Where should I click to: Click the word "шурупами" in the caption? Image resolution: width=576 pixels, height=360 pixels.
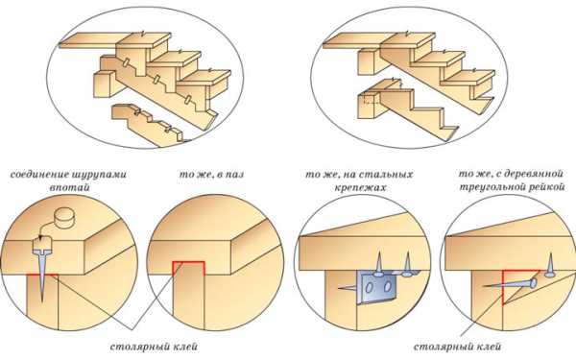pyautogui.click(x=98, y=174)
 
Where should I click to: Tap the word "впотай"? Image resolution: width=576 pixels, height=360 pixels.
pyautogui.click(x=69, y=187)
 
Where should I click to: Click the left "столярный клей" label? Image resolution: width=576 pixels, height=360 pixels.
pyautogui.click(x=154, y=347)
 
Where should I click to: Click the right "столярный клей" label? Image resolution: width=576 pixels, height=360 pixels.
pyautogui.click(x=457, y=347)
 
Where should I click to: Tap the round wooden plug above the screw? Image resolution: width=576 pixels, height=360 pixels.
pyautogui.click(x=63, y=218)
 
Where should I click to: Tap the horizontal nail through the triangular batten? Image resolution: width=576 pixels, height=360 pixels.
pyautogui.click(x=510, y=284)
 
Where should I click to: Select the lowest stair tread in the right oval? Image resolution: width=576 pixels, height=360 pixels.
pyautogui.click(x=468, y=78)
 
